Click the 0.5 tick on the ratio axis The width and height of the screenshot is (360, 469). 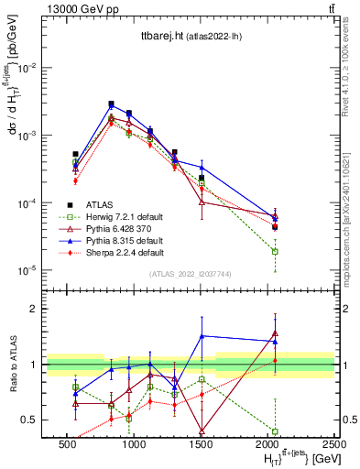(34, 420)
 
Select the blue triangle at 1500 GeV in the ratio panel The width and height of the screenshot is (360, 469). (202, 336)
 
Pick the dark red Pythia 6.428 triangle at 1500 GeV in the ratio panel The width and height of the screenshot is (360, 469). (202, 430)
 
